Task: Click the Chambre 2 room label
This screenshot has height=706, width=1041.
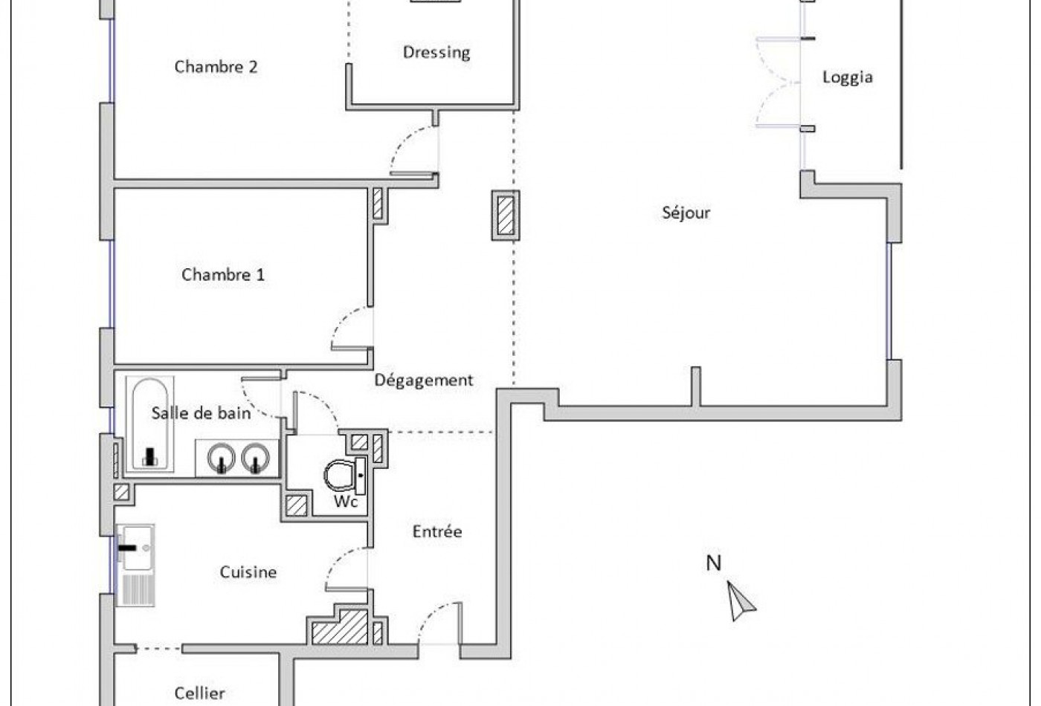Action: tap(216, 67)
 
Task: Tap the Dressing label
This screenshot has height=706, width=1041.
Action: tap(436, 52)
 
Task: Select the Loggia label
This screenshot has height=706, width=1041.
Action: tap(847, 77)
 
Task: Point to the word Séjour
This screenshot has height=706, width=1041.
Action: tap(686, 213)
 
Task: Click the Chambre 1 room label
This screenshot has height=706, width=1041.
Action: tap(222, 275)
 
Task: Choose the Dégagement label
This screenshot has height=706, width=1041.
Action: tap(423, 380)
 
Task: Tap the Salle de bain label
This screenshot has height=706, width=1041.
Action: tap(201, 413)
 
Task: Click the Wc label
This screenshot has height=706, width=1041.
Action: tap(346, 502)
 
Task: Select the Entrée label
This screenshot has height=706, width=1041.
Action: tap(436, 531)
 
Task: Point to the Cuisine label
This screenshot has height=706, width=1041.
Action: tap(248, 572)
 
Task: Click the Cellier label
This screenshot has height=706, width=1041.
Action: tap(199, 693)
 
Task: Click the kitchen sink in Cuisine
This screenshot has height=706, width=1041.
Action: tap(136, 548)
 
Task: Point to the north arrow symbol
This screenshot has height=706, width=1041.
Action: tap(741, 600)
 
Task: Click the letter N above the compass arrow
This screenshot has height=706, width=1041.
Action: tap(713, 563)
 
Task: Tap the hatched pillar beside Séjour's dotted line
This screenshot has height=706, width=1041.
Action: tap(506, 216)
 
